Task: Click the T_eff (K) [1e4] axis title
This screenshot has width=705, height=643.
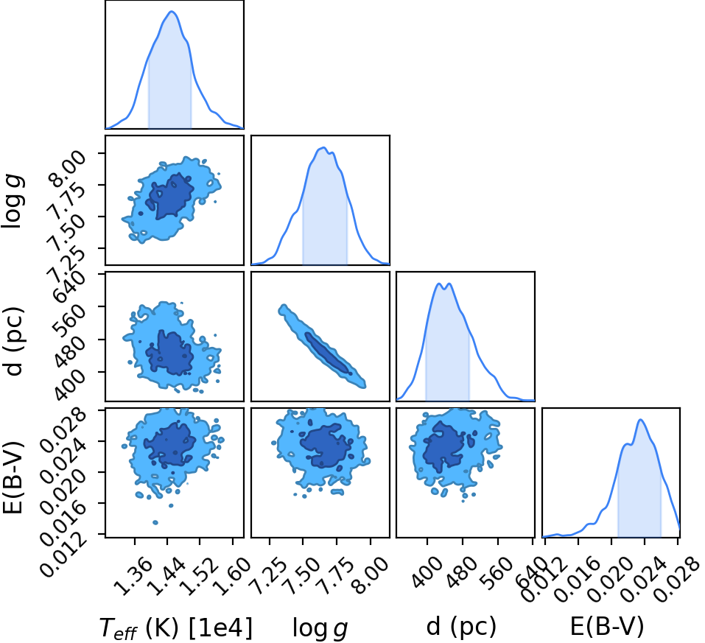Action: pos(176,628)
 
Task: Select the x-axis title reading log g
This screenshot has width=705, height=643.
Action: pos(320,628)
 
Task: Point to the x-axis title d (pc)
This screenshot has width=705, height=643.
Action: pos(461,626)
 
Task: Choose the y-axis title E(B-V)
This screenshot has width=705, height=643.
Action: pos(13,472)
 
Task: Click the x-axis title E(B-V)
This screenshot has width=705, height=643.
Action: pos(607,626)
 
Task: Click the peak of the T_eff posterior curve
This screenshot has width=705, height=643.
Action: pos(172,11)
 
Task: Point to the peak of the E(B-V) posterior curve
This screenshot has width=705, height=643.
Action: pos(641,420)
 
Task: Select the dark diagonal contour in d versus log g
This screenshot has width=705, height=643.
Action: pos(327,353)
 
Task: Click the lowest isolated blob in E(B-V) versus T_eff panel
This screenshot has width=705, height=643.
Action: pos(155,522)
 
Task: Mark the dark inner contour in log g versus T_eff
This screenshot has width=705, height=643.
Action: pos(172,196)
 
